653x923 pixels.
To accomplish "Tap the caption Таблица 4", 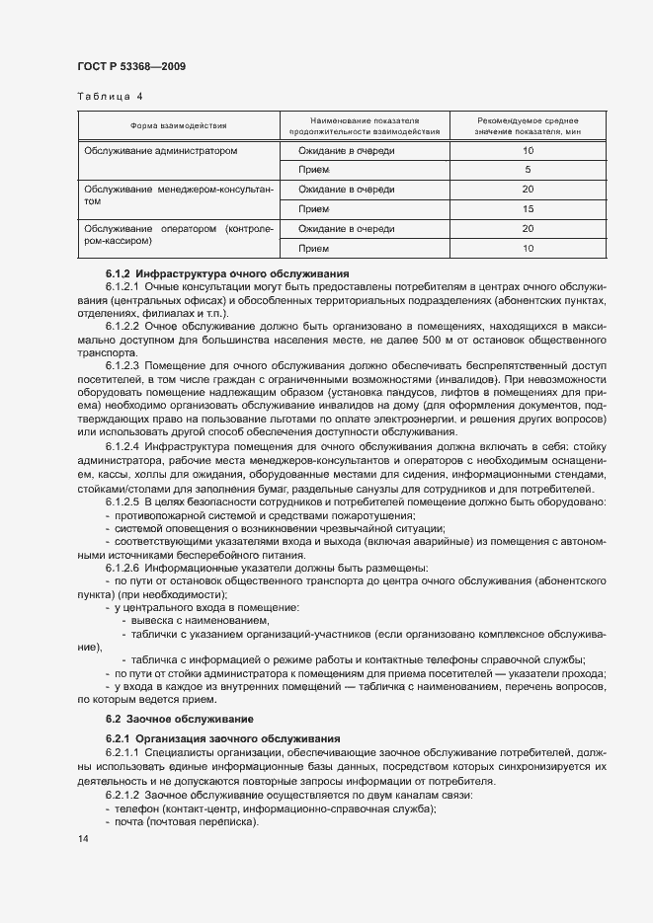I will pos(110,97).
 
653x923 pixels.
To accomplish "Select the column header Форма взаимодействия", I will pos(178,125).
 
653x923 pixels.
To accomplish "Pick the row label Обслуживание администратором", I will pos(161,151).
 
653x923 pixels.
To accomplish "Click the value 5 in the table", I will pos(528,170).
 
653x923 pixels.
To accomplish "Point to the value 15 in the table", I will pos(528,209).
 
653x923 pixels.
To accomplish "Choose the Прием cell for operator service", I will pos(314,249).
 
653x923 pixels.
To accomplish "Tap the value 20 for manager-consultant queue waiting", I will pos(528,190).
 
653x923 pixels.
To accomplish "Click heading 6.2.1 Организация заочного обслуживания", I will pos(223,738).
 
